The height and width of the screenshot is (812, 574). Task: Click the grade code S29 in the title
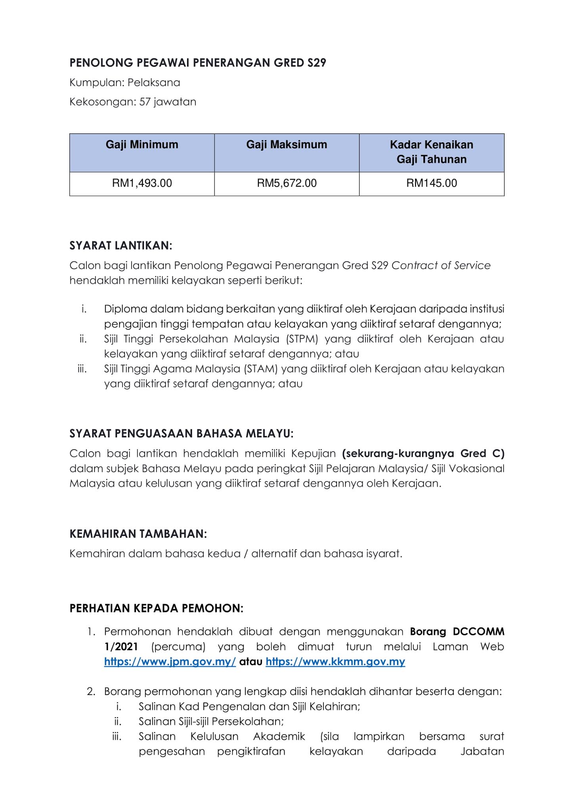point(316,63)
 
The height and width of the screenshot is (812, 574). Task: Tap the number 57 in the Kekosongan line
point(145,102)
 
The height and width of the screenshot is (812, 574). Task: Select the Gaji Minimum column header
point(142,145)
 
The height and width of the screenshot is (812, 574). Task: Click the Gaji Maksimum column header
point(287,145)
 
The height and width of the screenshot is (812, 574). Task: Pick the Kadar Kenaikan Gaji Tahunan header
point(431,152)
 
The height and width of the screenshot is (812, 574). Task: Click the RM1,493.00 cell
point(142,183)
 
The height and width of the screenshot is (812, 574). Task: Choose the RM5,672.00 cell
point(287,183)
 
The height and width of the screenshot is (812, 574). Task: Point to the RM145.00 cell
point(431,183)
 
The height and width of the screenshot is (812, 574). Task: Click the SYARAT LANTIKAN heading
point(121,246)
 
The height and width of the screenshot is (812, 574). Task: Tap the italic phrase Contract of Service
point(441,265)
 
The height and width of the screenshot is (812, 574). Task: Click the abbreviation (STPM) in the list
point(302,339)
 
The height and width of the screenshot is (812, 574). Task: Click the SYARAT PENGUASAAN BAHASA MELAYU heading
point(181,433)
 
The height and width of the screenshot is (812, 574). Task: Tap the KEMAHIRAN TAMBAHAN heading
point(138,534)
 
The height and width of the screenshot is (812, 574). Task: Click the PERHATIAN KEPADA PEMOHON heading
point(156,608)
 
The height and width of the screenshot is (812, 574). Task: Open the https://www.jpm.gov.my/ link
point(170,662)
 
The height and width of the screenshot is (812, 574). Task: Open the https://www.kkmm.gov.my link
point(335,662)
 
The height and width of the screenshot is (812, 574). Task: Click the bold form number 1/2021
point(121,647)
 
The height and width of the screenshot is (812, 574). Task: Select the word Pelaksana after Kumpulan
point(154,82)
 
